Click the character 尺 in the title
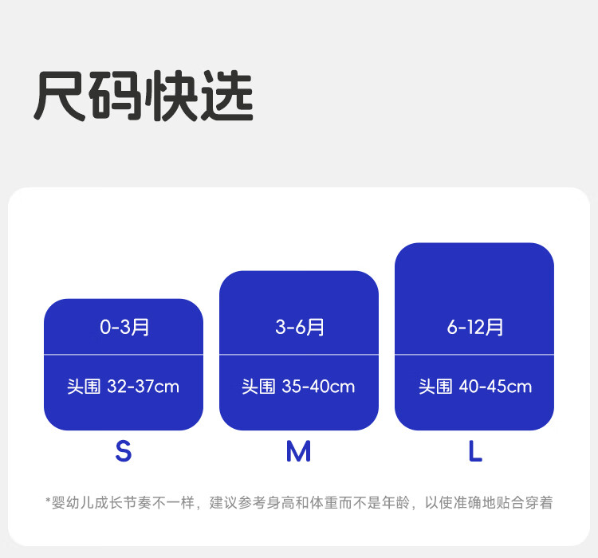tap(61, 97)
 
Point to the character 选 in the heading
tap(227, 97)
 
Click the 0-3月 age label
tap(124, 327)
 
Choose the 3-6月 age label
tap(299, 327)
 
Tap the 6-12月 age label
tap(474, 327)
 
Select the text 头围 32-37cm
tap(124, 387)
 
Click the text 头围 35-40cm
tap(299, 387)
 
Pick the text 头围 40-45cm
tap(474, 387)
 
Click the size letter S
tap(123, 452)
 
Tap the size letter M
tap(298, 452)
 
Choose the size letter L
tap(475, 452)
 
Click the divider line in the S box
tap(124, 354)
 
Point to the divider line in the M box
tap(299, 354)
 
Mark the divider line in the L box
tap(474, 354)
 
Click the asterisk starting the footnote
tap(48, 501)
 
